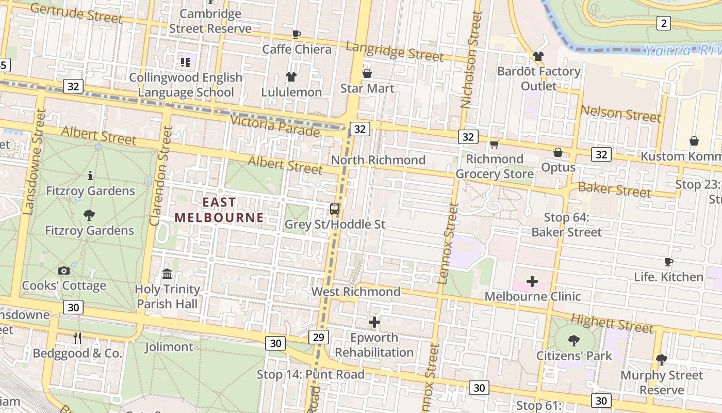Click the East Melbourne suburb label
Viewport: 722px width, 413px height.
[219, 210]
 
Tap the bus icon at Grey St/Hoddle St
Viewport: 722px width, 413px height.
[335, 209]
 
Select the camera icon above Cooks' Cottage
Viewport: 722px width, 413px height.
[64, 271]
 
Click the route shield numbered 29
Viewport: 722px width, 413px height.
[318, 337]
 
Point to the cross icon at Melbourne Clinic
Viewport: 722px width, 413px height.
[532, 281]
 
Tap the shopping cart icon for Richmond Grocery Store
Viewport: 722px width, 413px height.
[494, 144]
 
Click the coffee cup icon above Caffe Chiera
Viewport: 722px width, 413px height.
[297, 34]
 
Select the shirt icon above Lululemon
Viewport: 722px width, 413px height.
[291, 77]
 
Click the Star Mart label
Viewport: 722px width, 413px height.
[367, 88]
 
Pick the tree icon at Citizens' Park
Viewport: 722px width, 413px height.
[573, 340]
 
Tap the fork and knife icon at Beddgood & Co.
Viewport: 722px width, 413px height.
[77, 338]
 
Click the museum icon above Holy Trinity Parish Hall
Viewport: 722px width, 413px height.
[167, 274]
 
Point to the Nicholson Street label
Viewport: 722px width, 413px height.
[471, 59]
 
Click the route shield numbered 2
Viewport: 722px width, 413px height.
[663, 23]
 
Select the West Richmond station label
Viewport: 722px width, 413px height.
[356, 292]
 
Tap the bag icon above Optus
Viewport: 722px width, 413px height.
[558, 152]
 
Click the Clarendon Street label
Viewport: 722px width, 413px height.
[161, 176]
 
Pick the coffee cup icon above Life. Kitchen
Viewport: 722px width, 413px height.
[669, 262]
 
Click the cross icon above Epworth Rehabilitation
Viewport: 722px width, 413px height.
[374, 323]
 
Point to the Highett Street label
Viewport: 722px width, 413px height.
[612, 324]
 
